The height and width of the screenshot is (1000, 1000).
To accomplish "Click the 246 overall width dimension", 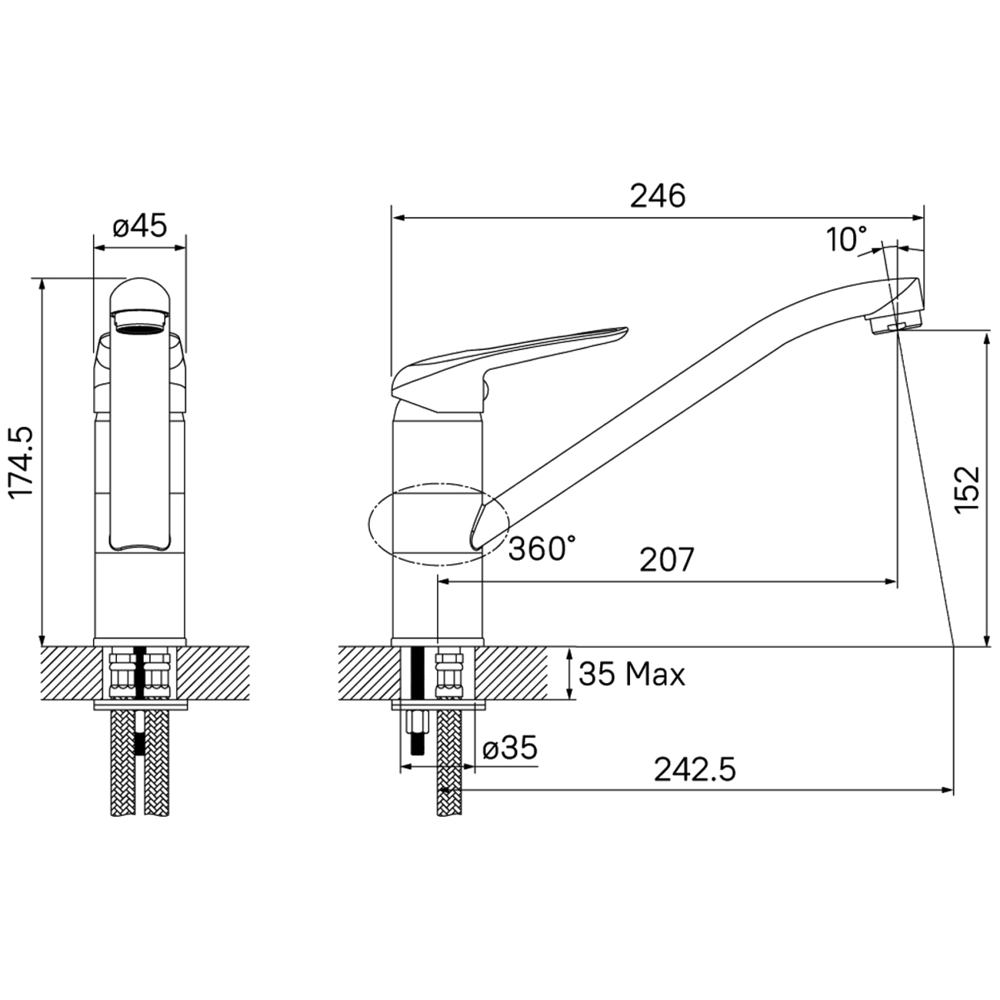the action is pyautogui.click(x=657, y=196).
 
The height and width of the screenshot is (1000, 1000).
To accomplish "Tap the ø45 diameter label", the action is pyautogui.click(x=139, y=225).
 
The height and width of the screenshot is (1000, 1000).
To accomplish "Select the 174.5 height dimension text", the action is pyautogui.click(x=22, y=461).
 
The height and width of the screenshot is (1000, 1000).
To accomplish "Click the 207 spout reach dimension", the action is pyautogui.click(x=666, y=559).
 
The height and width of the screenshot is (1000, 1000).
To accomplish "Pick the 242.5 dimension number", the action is pyautogui.click(x=695, y=769).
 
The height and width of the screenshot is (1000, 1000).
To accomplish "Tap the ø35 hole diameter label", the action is pyautogui.click(x=509, y=748).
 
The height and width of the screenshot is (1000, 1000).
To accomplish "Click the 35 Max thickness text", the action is pyautogui.click(x=632, y=675).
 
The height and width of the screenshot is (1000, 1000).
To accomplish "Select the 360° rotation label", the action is pyautogui.click(x=542, y=548).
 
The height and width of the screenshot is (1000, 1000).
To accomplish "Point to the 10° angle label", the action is pyautogui.click(x=846, y=239).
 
